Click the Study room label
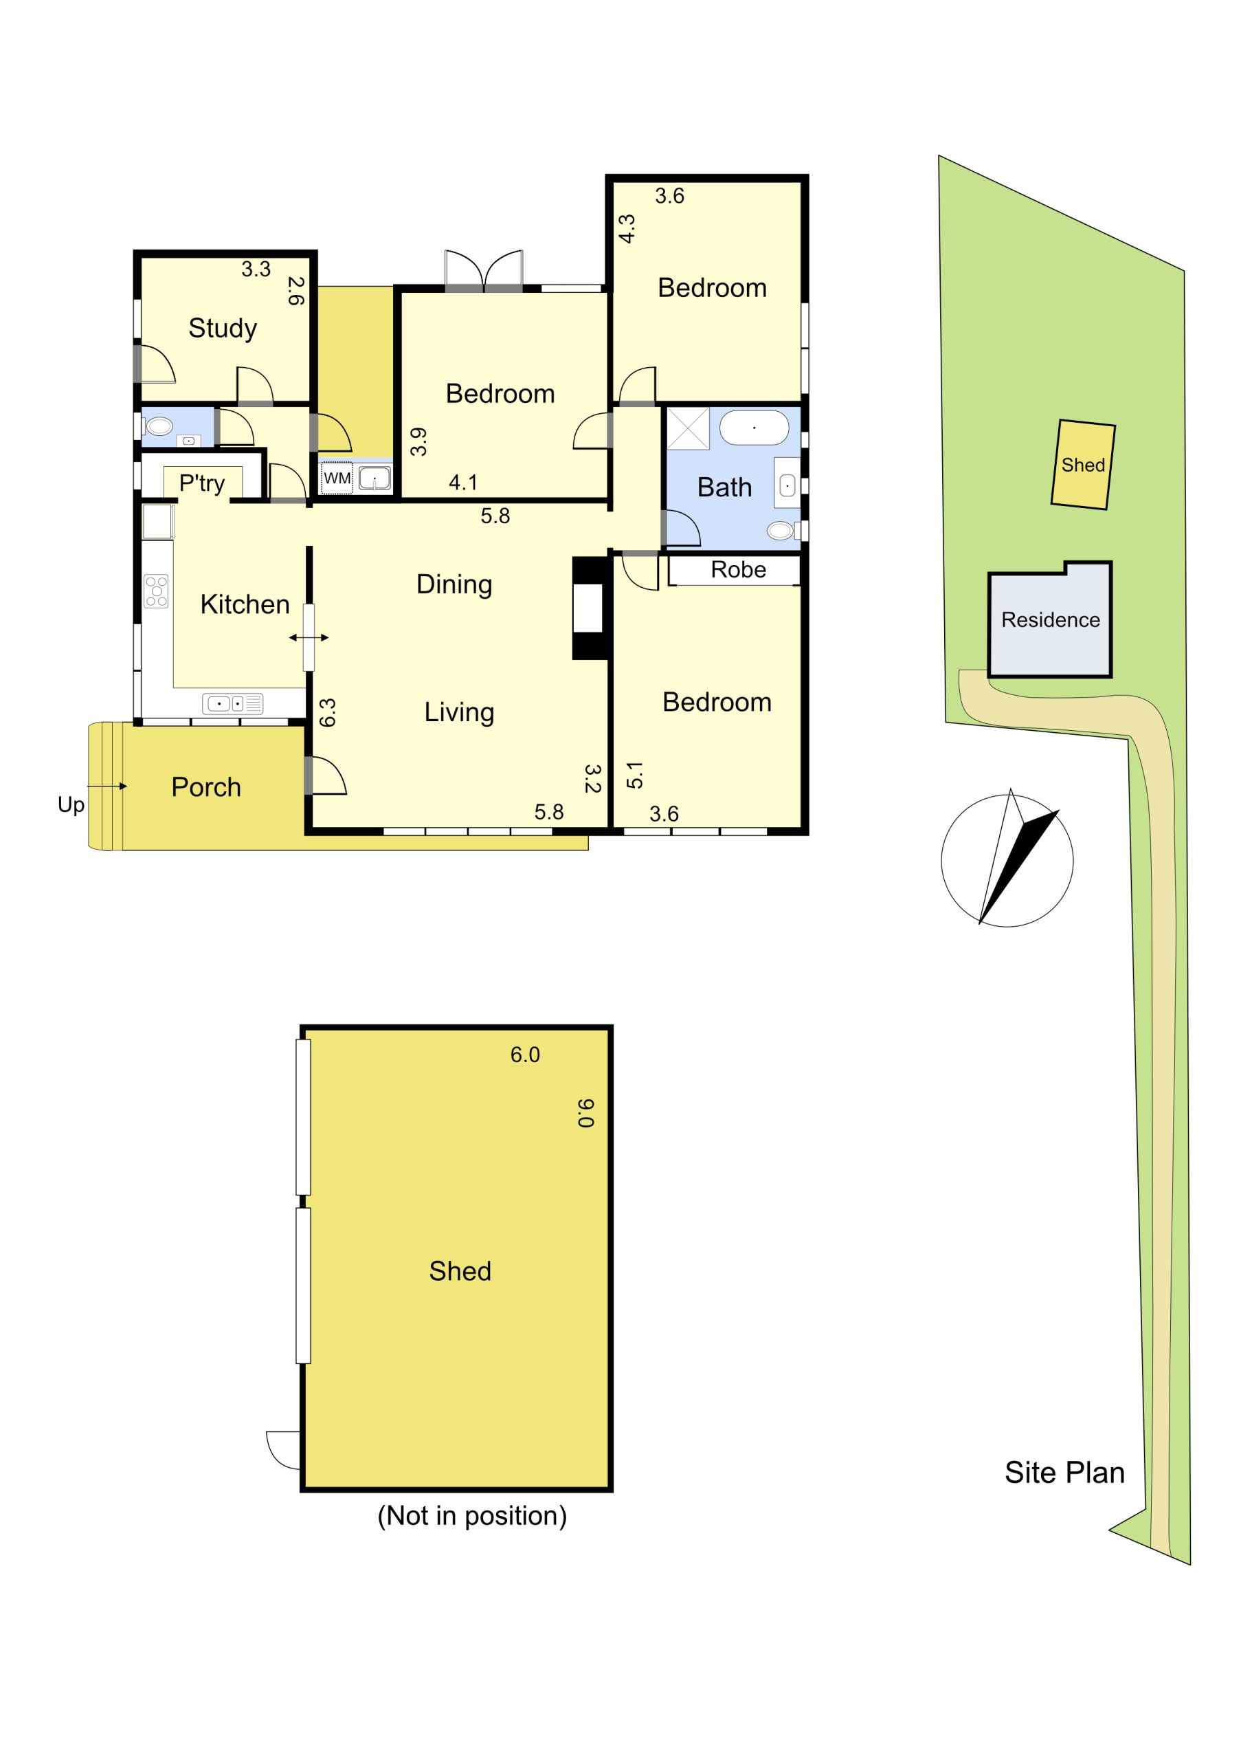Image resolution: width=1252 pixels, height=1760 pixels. click(x=223, y=329)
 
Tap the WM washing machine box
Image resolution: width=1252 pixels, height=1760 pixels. click(x=337, y=478)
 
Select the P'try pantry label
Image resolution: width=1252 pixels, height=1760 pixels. click(x=202, y=483)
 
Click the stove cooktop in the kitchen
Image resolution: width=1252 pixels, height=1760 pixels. click(x=157, y=591)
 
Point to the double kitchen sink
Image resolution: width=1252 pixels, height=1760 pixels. click(x=233, y=703)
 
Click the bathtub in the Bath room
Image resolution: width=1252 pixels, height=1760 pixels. click(x=754, y=427)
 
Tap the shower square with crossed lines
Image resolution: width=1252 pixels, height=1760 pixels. click(x=688, y=429)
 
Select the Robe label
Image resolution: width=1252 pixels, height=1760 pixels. click(x=739, y=570)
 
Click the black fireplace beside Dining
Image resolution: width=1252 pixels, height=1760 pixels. click(x=590, y=608)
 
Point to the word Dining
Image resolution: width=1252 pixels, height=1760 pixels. click(x=454, y=585)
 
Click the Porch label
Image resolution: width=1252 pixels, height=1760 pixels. click(x=206, y=787)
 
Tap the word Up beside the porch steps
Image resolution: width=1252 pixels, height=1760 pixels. click(x=71, y=806)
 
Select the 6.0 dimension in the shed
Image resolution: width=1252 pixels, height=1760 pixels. click(x=525, y=1055)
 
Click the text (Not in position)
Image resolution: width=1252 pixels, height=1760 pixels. click(x=472, y=1517)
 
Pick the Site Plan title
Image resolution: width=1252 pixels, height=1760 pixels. click(x=1064, y=1473)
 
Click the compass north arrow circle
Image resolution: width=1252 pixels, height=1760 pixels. click(x=1007, y=861)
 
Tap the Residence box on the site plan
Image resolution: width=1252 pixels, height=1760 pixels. click(x=1050, y=619)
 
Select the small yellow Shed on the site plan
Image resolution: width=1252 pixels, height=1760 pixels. click(x=1083, y=464)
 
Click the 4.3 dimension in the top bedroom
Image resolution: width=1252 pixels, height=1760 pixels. click(x=627, y=229)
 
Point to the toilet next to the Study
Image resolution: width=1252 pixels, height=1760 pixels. click(x=158, y=426)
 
